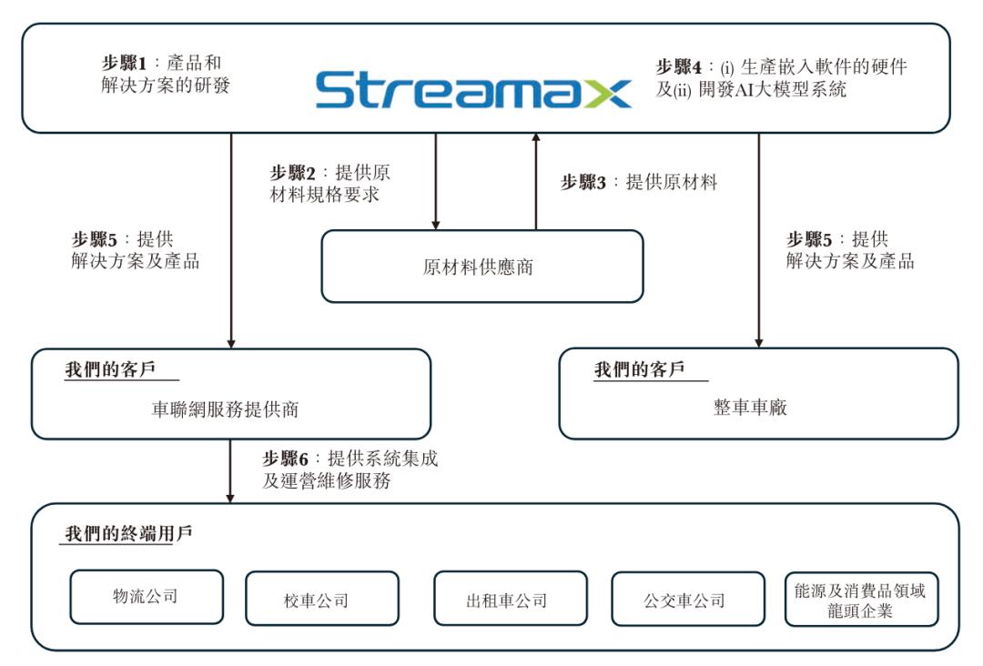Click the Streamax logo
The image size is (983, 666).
(x=472, y=89)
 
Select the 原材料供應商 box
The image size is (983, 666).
(x=481, y=266)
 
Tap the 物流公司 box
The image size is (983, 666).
(x=146, y=597)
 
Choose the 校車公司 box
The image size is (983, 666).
(x=321, y=599)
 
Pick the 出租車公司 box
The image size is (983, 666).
(x=510, y=599)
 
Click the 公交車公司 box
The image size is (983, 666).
(x=684, y=599)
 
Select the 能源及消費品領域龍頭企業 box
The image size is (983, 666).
(x=860, y=599)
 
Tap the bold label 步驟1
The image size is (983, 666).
(x=124, y=65)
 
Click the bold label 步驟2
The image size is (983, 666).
(x=292, y=172)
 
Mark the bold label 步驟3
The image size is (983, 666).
(x=583, y=182)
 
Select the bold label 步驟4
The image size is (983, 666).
(x=678, y=67)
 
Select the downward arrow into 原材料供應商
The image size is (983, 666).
(x=436, y=181)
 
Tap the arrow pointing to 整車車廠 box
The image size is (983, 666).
(x=758, y=240)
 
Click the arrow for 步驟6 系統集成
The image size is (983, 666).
(x=230, y=469)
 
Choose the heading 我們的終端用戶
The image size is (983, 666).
(x=128, y=533)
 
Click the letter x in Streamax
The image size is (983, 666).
(x=607, y=91)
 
